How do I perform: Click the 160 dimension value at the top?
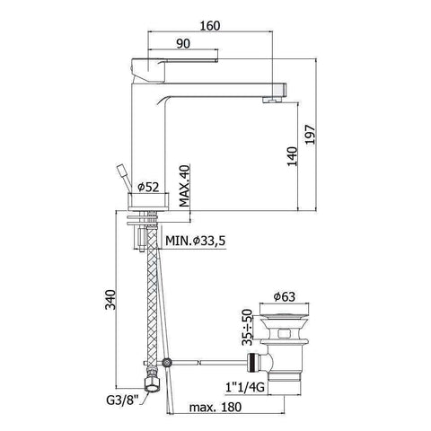[x=210, y=26]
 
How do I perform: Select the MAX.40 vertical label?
[x=184, y=185]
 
